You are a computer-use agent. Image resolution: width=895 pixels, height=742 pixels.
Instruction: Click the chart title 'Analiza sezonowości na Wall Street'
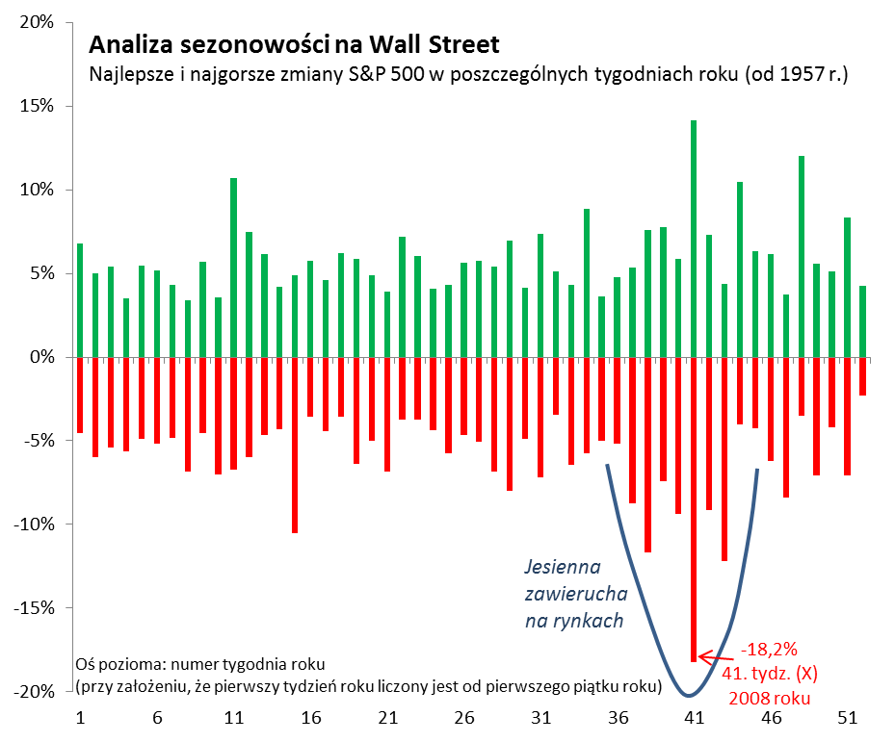(x=294, y=44)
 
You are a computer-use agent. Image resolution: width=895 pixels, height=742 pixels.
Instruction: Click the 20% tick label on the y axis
(x=36, y=22)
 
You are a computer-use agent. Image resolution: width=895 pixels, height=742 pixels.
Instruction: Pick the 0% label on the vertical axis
(x=41, y=357)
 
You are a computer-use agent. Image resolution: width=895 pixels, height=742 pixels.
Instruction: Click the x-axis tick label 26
(x=464, y=718)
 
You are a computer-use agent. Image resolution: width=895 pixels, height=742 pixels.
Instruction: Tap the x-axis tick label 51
(x=848, y=718)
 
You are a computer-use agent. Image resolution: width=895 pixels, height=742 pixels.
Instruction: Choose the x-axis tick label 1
(x=80, y=718)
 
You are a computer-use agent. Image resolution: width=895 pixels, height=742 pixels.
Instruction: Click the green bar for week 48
(x=802, y=256)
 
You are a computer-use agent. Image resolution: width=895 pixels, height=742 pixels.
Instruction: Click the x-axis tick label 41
(x=694, y=718)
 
